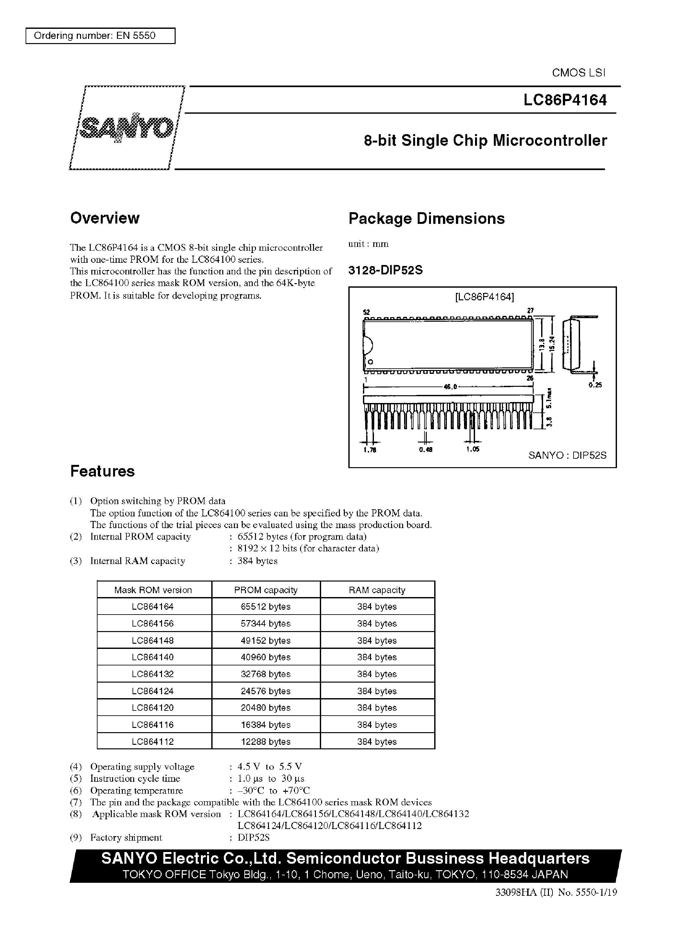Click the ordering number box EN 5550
coord(100,36)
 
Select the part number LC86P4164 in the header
coord(565,100)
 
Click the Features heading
coord(102,471)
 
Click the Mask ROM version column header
coord(153,590)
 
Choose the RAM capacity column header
coord(377,590)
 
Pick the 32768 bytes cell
coord(266,674)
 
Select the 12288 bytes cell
coord(266,741)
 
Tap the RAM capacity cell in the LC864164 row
coord(377,606)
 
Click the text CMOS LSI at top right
coord(578,73)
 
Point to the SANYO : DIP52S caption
coord(567,455)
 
